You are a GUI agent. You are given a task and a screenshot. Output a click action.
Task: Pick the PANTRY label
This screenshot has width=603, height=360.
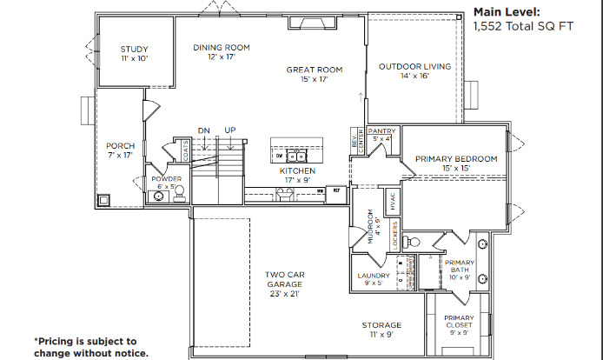pos(382,131)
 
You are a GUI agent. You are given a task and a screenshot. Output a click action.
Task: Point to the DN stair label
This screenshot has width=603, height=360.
pos(203,130)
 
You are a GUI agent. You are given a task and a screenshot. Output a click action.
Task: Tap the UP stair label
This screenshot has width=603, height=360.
pos(230,130)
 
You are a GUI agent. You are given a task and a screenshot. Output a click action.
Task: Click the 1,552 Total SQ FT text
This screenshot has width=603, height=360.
pos(523,28)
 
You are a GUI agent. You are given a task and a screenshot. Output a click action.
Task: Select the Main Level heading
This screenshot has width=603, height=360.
pos(507,12)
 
